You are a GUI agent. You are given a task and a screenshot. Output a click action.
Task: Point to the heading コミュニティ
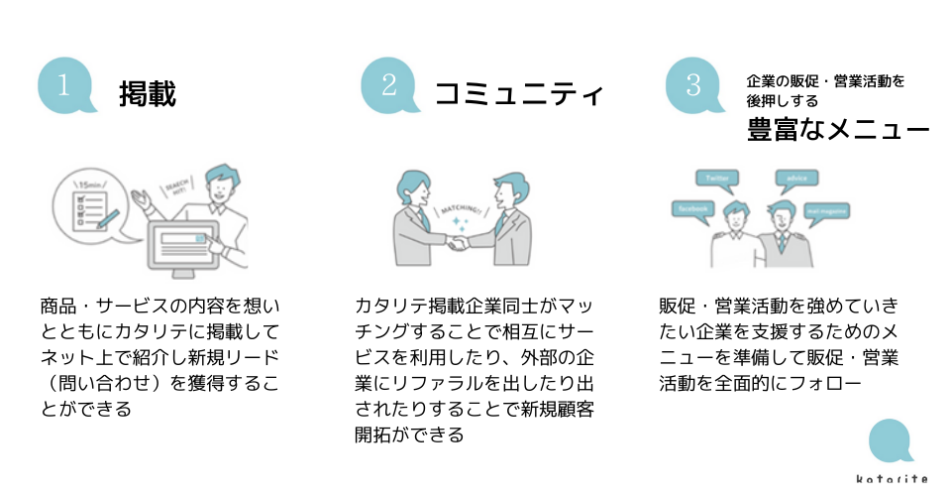coord(519,94)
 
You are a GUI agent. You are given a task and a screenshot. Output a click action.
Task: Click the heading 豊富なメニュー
coord(838,130)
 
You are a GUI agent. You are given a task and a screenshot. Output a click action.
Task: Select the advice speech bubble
coord(796,179)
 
